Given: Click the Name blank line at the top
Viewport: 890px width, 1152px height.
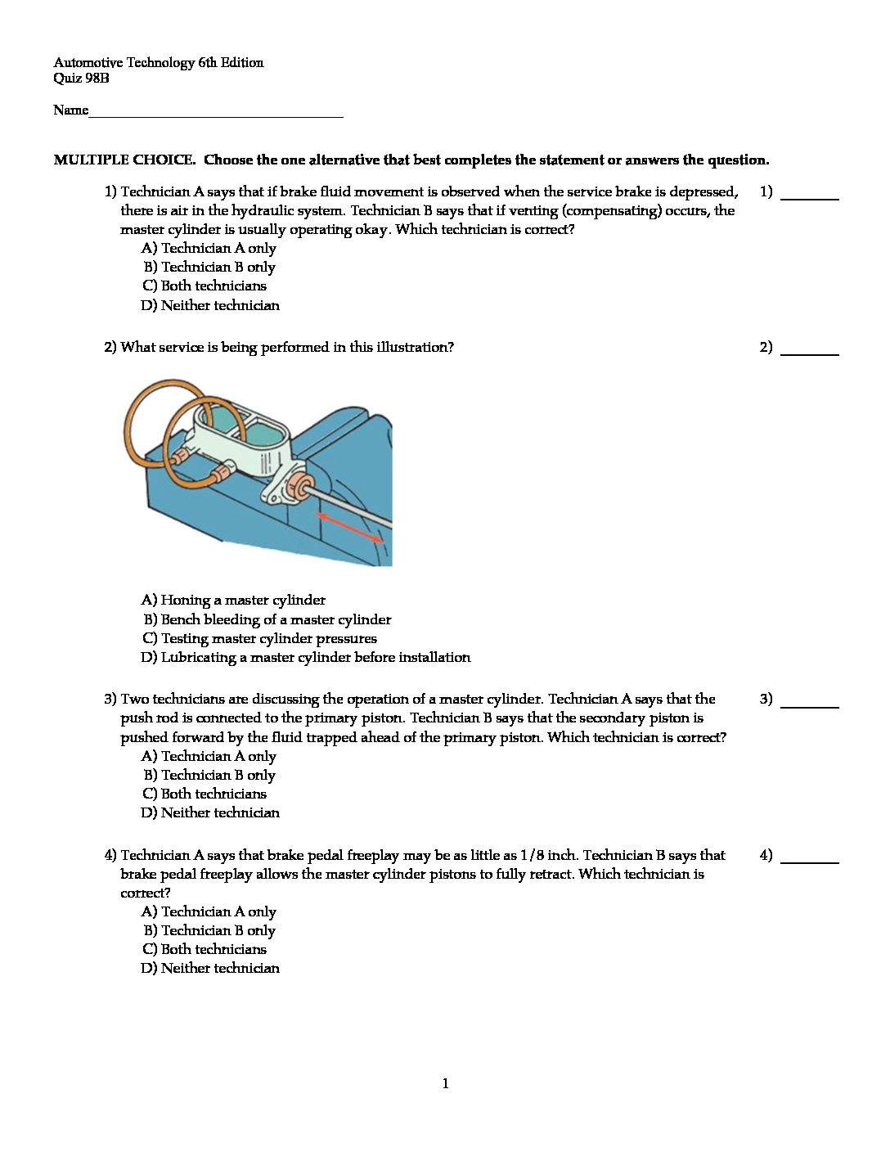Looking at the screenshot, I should (x=215, y=113).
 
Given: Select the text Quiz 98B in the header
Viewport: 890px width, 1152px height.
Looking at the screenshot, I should (x=81, y=79).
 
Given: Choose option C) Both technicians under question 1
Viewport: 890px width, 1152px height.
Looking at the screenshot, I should (x=205, y=286).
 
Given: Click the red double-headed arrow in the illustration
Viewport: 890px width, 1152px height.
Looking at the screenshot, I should (x=349, y=527).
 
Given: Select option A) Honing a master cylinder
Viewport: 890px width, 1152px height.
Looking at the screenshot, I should (x=233, y=600).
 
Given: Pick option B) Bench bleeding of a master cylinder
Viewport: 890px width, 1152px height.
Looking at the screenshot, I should (x=267, y=619).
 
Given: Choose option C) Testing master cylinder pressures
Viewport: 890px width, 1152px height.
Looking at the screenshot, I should (x=259, y=638).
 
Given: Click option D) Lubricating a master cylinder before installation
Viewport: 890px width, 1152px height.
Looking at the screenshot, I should (x=306, y=657).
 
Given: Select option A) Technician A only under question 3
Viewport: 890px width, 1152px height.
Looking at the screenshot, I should (x=209, y=756).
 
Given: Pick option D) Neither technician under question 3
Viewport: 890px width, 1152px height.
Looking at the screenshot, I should (x=210, y=812).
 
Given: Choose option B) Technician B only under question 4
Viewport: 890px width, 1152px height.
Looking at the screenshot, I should (x=209, y=930).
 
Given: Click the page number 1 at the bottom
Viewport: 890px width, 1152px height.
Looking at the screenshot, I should (x=445, y=1084).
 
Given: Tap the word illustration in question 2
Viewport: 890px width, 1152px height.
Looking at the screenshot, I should (x=412, y=347).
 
